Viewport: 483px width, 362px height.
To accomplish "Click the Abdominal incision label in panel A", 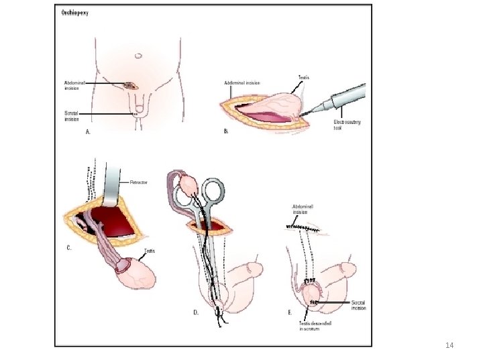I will tap(74, 85).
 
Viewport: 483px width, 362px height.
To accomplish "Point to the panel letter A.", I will tap(87, 133).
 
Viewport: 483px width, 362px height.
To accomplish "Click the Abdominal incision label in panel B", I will tap(242, 83).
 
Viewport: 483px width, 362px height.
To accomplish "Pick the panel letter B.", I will tap(226, 131).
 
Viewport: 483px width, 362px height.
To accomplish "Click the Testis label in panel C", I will tap(150, 251).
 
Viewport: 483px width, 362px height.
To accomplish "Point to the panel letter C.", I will tap(69, 248).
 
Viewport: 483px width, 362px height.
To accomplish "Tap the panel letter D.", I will tap(196, 312).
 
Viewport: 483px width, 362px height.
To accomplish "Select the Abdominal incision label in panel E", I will tap(303, 209).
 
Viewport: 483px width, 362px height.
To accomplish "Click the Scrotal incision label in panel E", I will tap(358, 305).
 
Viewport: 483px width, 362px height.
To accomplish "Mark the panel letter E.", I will tap(289, 312).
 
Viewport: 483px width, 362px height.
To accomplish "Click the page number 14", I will tap(449, 345).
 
